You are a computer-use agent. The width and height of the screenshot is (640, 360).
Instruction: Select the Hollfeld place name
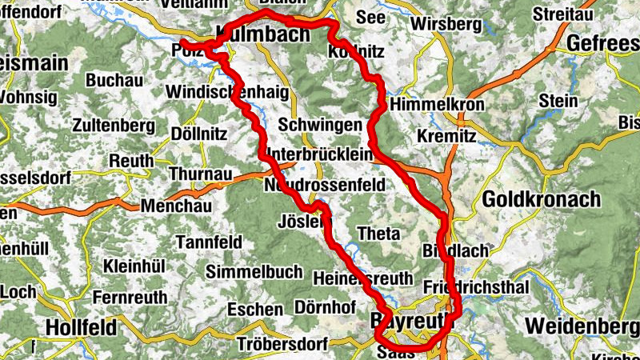[x=81, y=327]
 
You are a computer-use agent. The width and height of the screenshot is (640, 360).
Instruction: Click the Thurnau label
[x=201, y=174]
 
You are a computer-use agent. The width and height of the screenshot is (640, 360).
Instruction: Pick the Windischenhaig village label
[x=226, y=92]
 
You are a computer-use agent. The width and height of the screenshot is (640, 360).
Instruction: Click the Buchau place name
[x=114, y=80]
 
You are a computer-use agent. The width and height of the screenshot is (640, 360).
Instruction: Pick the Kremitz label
[x=446, y=137]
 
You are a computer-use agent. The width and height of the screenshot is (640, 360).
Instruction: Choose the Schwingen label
[x=318, y=125]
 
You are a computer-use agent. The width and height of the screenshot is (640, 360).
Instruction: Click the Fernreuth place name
[x=130, y=297]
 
